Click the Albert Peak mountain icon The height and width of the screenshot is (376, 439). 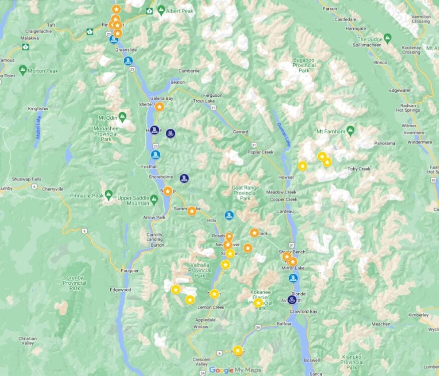pos(161,10)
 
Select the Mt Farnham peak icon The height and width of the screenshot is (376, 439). pos(350,131)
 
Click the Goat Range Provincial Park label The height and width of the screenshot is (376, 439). pos(245,193)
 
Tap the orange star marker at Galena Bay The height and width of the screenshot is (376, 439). pos(159,107)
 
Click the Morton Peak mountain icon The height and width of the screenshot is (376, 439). pos(23,70)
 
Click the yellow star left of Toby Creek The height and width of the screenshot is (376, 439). pos(327,162)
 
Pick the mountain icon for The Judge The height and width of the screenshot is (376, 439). pos(387,38)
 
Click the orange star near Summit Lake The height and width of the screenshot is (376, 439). pos(191,211)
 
